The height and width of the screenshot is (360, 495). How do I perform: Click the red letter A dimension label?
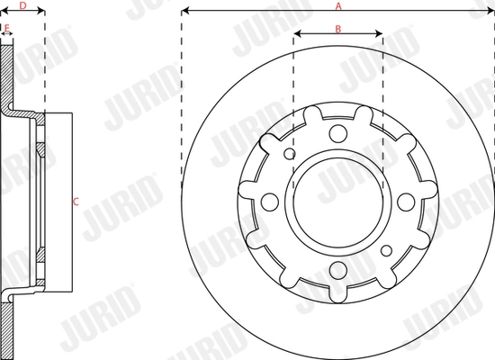338,5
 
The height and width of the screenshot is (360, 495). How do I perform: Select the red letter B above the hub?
337,29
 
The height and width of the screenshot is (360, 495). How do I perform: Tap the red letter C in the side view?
76,201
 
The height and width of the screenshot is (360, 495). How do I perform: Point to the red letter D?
22,5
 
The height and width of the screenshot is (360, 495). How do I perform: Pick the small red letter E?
7,28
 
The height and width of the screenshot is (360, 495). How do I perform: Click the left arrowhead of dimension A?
184,12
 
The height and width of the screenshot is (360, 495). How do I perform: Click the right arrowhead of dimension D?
41,13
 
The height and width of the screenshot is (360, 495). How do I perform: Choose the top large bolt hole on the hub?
337,133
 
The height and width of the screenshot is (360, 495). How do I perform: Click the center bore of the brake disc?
337,199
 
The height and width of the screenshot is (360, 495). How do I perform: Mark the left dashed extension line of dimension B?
293,90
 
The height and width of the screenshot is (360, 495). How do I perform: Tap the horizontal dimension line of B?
338,37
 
